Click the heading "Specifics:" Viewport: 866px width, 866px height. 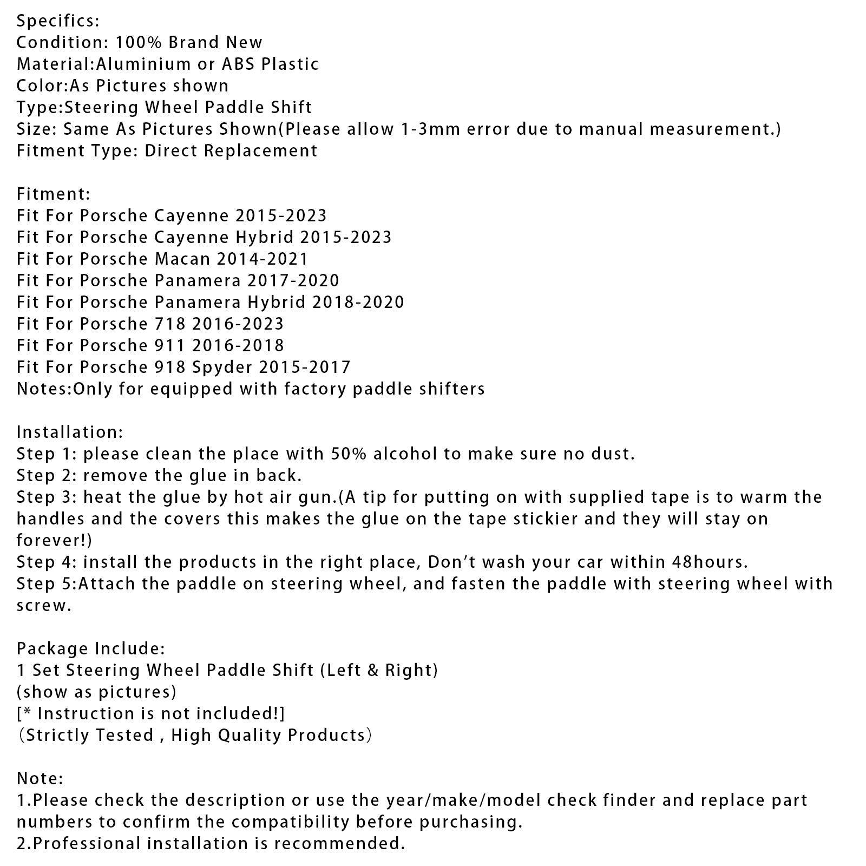pyautogui.click(x=58, y=21)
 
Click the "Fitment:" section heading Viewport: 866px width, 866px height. pyautogui.click(x=54, y=194)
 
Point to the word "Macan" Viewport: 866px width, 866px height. pyautogui.click(x=182, y=259)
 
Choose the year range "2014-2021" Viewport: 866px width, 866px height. pyautogui.click(x=263, y=259)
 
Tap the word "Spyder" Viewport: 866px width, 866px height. pyautogui.click(x=222, y=368)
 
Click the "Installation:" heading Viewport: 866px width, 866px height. pyautogui.click(x=70, y=432)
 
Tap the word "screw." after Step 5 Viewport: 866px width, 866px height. pyautogui.click(x=44, y=606)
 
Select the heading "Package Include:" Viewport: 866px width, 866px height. pyautogui.click(x=91, y=649)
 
